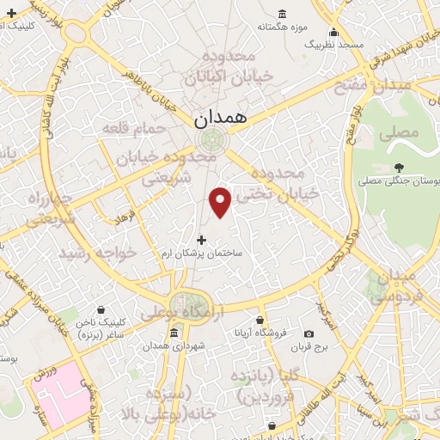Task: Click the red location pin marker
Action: coord(221,200)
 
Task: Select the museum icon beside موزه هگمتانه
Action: coord(283,15)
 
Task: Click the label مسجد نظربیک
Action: coord(338,44)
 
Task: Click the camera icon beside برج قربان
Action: coord(309,333)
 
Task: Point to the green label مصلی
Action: coord(401,133)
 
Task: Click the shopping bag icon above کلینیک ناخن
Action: coord(101,309)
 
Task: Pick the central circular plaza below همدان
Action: coord(210,140)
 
